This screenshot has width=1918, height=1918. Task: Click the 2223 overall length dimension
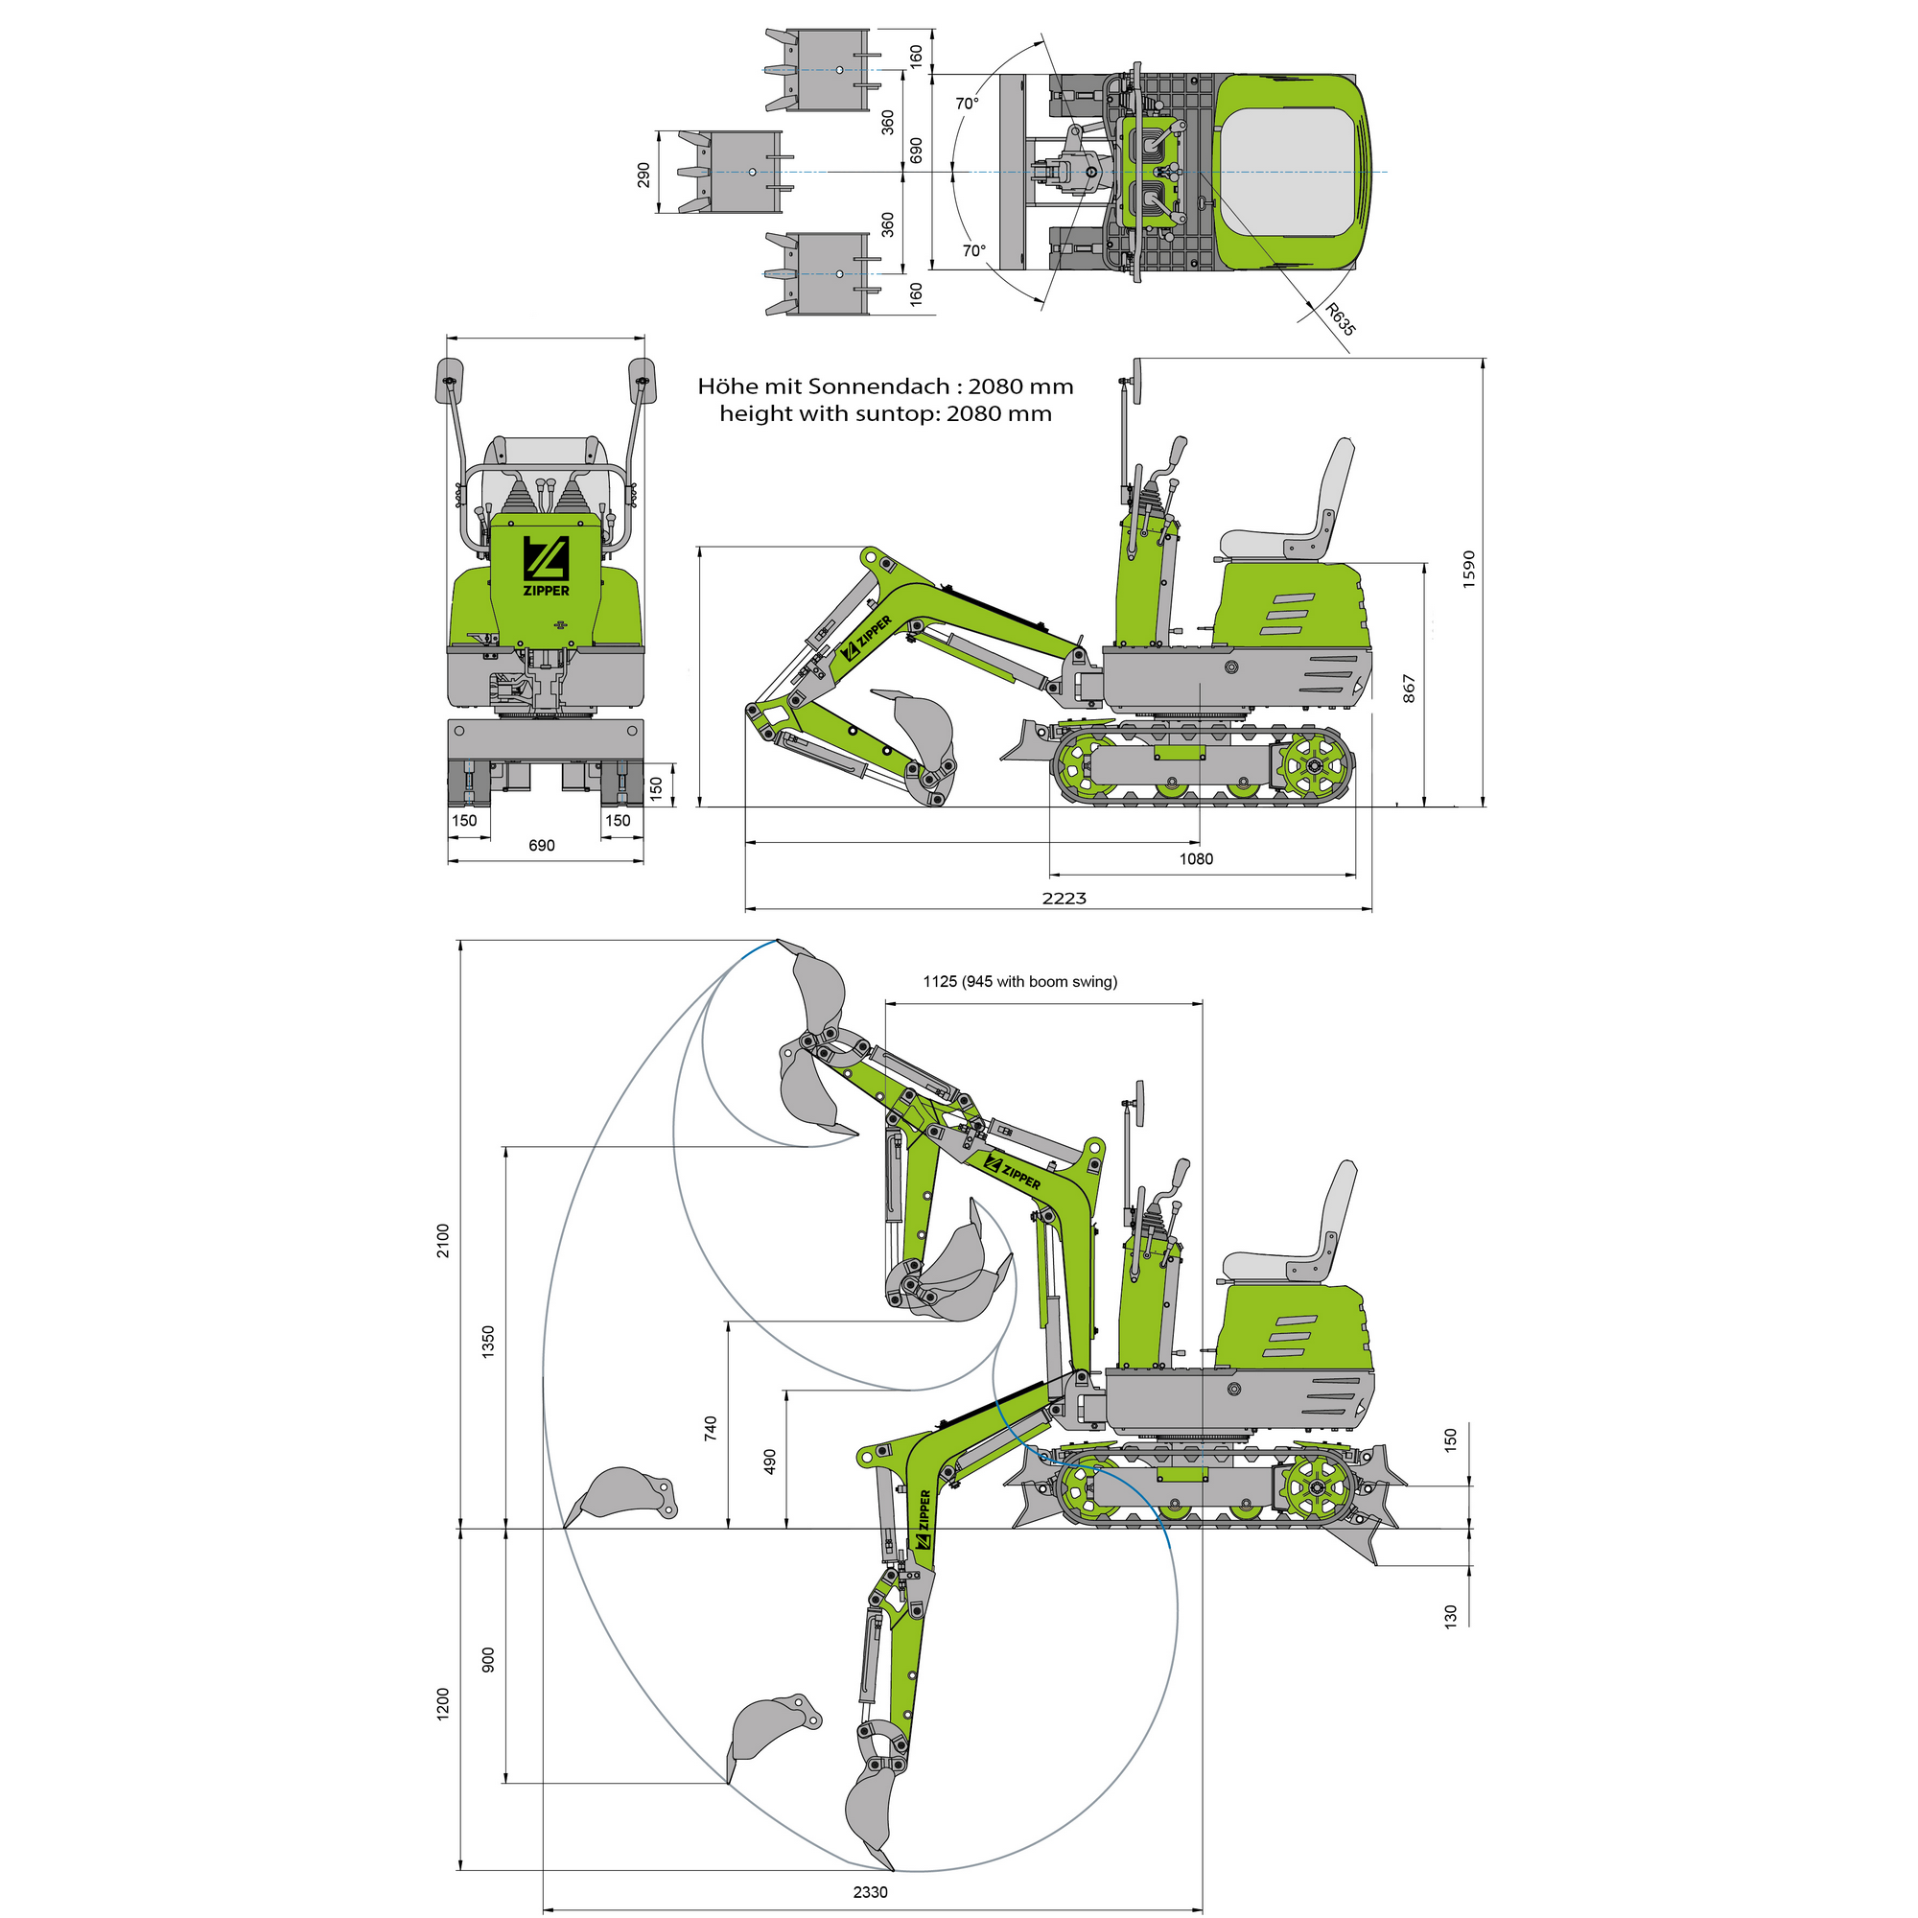pyautogui.click(x=1064, y=898)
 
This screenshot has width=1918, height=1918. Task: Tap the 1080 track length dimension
pyautogui.click(x=1195, y=858)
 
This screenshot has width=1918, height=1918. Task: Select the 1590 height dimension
pyautogui.click(x=1469, y=569)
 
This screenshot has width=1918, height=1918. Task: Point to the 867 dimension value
pyautogui.click(x=1409, y=689)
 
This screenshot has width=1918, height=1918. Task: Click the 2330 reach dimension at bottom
pyautogui.click(x=870, y=1891)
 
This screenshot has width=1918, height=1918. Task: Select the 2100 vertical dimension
pyautogui.click(x=443, y=1240)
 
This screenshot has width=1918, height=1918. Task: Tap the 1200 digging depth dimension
pyautogui.click(x=443, y=1702)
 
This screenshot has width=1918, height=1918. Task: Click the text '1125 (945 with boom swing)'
pyautogui.click(x=1019, y=981)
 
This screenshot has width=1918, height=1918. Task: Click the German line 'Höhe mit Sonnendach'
pyautogui.click(x=884, y=386)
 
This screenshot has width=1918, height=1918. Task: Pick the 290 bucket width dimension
pyautogui.click(x=644, y=175)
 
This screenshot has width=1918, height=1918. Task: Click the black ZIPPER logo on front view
pyautogui.click(x=546, y=567)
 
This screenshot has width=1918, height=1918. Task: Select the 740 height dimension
pyautogui.click(x=710, y=1429)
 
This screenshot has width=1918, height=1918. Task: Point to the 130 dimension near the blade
pyautogui.click(x=1450, y=1615)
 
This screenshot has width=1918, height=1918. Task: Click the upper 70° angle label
pyautogui.click(x=967, y=104)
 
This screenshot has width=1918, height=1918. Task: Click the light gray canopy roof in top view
pyautogui.click(x=1287, y=172)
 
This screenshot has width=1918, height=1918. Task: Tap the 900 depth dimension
pyautogui.click(x=487, y=1659)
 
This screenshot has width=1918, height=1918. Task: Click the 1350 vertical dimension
pyautogui.click(x=487, y=1342)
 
